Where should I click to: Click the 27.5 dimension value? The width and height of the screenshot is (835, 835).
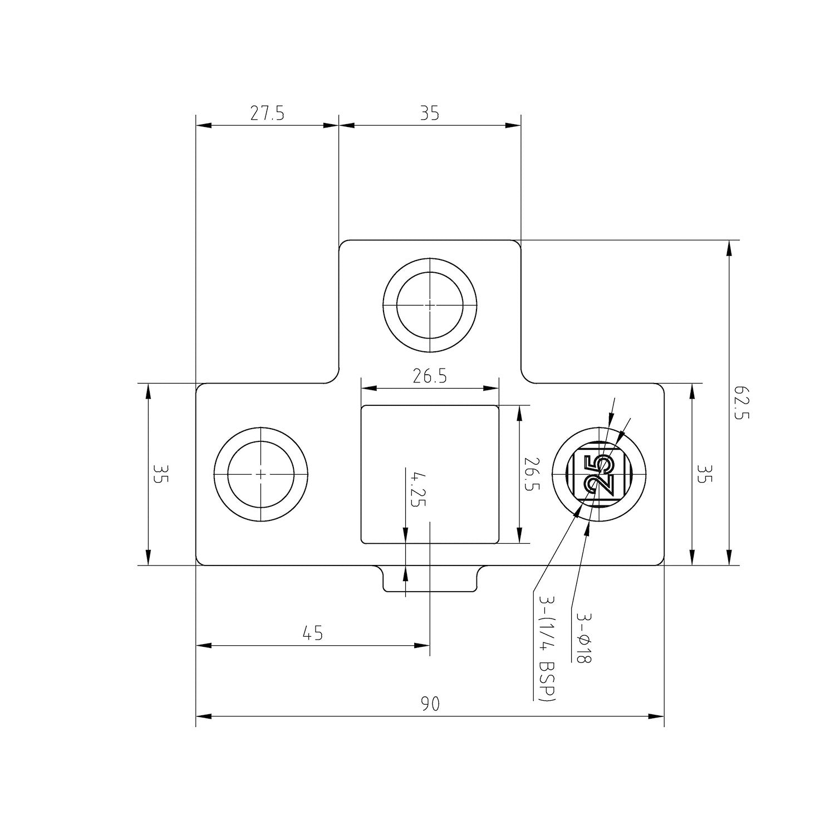tap(267, 114)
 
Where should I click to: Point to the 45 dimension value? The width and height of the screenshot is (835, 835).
tap(313, 633)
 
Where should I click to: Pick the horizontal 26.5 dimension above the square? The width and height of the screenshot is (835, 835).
tap(430, 377)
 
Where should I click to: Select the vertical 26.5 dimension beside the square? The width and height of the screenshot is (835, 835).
tap(532, 475)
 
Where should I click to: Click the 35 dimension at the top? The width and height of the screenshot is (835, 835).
tap(430, 114)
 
